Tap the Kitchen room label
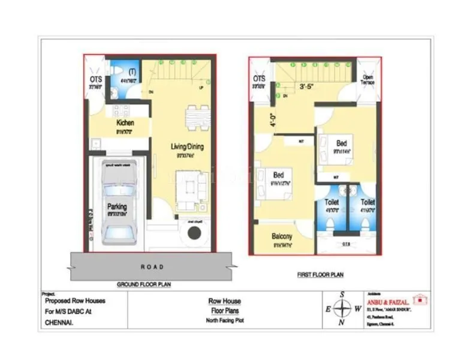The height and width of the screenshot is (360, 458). click(x=125, y=123)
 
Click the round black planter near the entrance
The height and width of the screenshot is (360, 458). click(x=195, y=235)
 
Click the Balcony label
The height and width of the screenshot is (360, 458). click(x=281, y=236)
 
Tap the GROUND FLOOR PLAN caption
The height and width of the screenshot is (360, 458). click(x=143, y=284)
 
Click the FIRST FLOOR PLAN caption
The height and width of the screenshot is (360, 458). click(x=320, y=275)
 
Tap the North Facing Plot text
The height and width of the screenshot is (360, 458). click(x=225, y=320)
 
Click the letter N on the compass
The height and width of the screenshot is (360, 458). click(x=342, y=323)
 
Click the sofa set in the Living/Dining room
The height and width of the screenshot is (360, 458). click(x=191, y=191)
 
